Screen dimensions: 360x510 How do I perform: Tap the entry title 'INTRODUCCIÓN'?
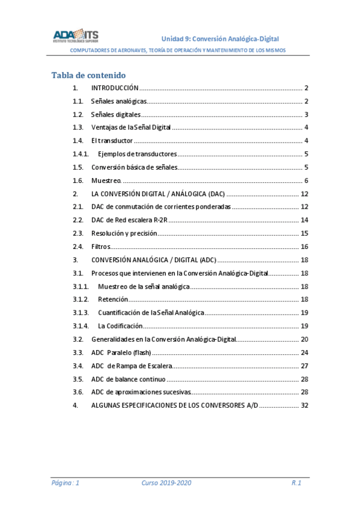[115, 88]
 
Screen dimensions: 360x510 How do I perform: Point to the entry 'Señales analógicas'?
[118, 101]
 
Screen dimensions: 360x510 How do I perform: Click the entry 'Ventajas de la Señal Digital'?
[131, 127]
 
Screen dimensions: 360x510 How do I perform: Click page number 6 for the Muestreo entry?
[306, 180]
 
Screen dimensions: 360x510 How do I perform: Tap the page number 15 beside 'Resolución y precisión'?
[304, 233]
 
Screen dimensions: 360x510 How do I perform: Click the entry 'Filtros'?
[100, 247]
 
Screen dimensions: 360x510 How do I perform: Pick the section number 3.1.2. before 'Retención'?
[81, 300]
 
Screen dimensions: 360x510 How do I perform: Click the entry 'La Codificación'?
[120, 326]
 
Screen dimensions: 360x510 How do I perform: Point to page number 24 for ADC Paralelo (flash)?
[304, 352]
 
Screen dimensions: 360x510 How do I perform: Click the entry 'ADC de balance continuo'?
[128, 379]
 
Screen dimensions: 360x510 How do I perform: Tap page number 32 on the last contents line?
[304, 405]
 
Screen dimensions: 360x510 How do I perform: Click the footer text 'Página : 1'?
[66, 483]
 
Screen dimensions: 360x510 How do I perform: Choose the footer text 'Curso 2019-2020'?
[166, 483]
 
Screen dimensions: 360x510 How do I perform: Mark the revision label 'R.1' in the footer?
[296, 483]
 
